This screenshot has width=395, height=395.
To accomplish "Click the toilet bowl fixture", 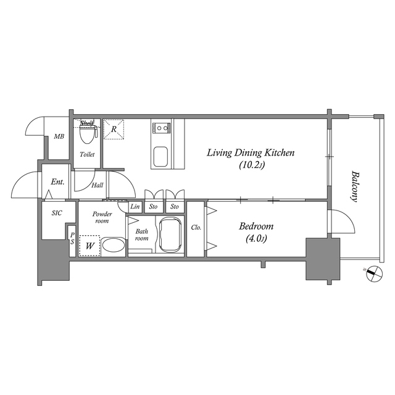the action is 87,134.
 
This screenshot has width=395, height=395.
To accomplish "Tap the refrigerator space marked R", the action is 114,129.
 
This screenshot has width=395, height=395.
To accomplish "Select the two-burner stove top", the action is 161,128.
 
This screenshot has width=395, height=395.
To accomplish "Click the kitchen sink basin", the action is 160,157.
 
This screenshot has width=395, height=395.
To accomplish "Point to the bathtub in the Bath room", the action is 170,235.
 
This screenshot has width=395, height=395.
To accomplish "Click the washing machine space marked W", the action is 89,246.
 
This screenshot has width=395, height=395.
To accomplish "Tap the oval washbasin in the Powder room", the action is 114,246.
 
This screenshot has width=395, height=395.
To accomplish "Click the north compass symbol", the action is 375,273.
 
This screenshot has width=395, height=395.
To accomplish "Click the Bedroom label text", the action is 256,227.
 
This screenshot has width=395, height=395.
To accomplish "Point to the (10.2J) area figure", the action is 252,165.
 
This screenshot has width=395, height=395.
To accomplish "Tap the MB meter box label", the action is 59,136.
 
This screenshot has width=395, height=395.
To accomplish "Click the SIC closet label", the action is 57,213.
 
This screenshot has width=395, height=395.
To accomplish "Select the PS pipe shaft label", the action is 72,238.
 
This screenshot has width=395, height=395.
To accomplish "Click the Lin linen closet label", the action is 135,207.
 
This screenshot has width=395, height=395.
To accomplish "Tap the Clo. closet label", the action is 196,228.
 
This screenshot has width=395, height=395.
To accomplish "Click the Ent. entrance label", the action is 57,181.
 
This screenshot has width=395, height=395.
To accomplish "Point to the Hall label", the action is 98,185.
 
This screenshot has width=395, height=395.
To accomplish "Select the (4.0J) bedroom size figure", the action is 256,238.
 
